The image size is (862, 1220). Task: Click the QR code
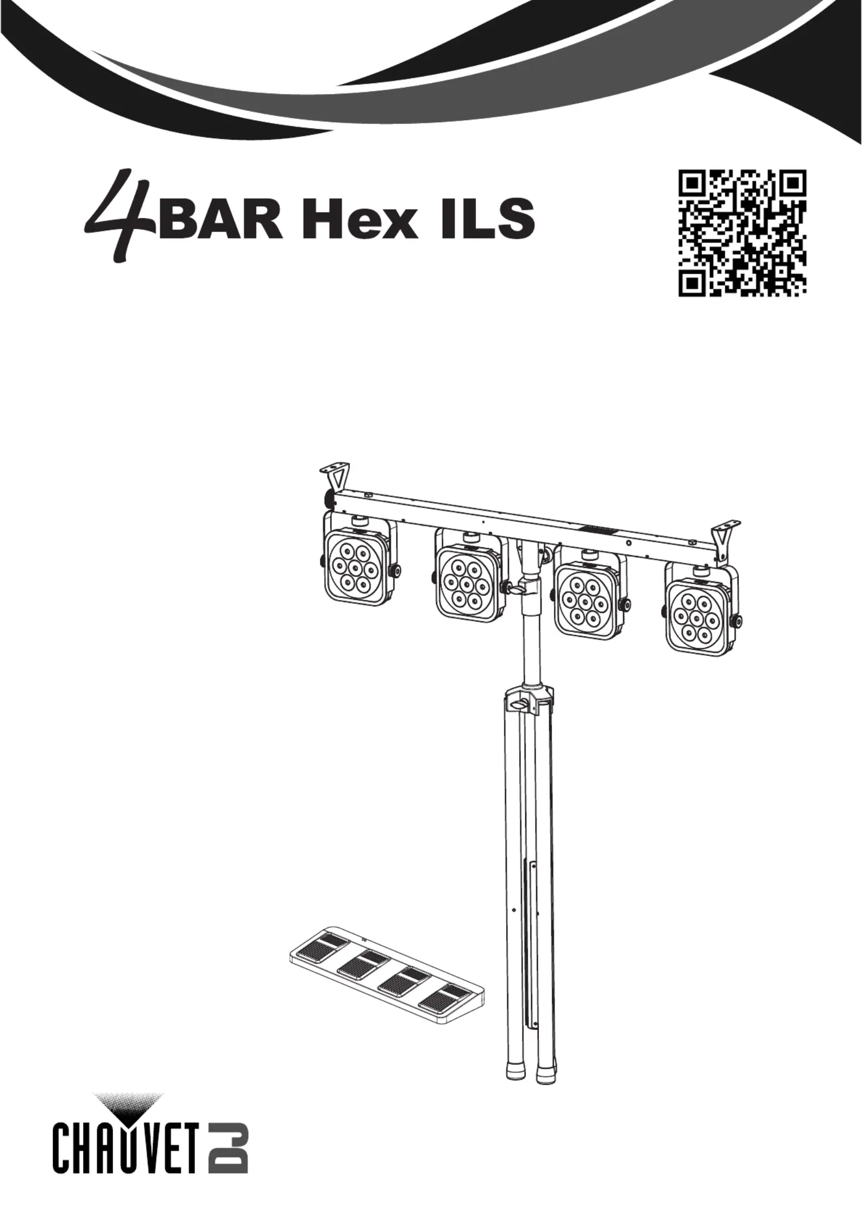(742, 233)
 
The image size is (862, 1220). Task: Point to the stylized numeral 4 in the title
(121, 217)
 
